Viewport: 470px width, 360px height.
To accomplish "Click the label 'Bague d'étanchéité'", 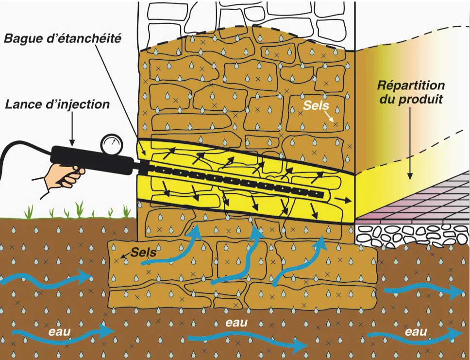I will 63,39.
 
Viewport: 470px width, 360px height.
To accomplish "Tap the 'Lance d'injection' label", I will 58,104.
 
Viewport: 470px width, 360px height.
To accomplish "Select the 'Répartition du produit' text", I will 410,92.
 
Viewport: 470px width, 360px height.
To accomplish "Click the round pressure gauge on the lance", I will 111,144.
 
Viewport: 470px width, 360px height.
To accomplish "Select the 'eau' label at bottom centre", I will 237,323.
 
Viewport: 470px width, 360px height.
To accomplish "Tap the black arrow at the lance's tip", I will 343,199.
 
